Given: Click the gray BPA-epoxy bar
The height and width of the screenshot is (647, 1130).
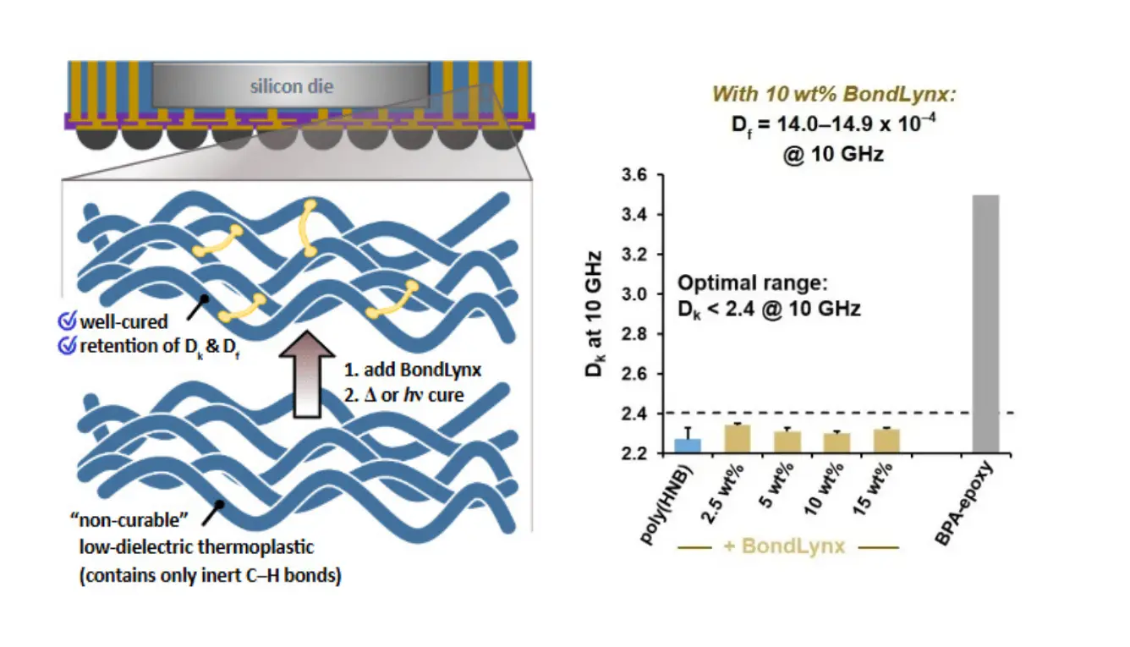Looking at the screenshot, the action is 985,324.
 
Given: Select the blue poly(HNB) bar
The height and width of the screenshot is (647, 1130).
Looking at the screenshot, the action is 688,447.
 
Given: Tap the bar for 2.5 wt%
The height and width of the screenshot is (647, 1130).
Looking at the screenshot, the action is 738,439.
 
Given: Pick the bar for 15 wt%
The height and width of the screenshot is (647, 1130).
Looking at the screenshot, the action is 887,441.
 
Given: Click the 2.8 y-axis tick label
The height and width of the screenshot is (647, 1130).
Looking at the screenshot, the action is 634,334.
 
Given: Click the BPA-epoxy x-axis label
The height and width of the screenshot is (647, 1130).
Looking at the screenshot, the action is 964,503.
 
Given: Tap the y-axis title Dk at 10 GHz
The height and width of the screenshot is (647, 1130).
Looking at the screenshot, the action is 595,314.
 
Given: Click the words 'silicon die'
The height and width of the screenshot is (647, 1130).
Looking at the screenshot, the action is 292,86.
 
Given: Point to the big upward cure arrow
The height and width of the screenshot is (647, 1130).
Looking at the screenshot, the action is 307,374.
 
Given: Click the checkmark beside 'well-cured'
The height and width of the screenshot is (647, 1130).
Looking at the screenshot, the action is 67,321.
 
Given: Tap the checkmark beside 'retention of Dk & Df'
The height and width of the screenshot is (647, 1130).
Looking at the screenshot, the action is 67,346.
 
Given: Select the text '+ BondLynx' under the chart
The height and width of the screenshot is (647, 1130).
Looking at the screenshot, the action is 784,546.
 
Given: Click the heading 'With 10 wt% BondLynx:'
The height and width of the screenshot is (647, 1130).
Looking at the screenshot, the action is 834,95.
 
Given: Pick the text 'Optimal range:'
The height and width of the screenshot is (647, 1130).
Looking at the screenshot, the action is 753,283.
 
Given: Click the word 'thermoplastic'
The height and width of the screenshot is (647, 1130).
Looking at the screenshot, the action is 255,546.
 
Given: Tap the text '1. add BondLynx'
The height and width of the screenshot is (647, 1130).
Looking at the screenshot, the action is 412,370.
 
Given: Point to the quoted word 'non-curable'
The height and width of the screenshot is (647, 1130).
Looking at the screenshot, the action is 129,520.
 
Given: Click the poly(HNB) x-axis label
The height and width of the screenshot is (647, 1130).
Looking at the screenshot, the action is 667,503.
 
